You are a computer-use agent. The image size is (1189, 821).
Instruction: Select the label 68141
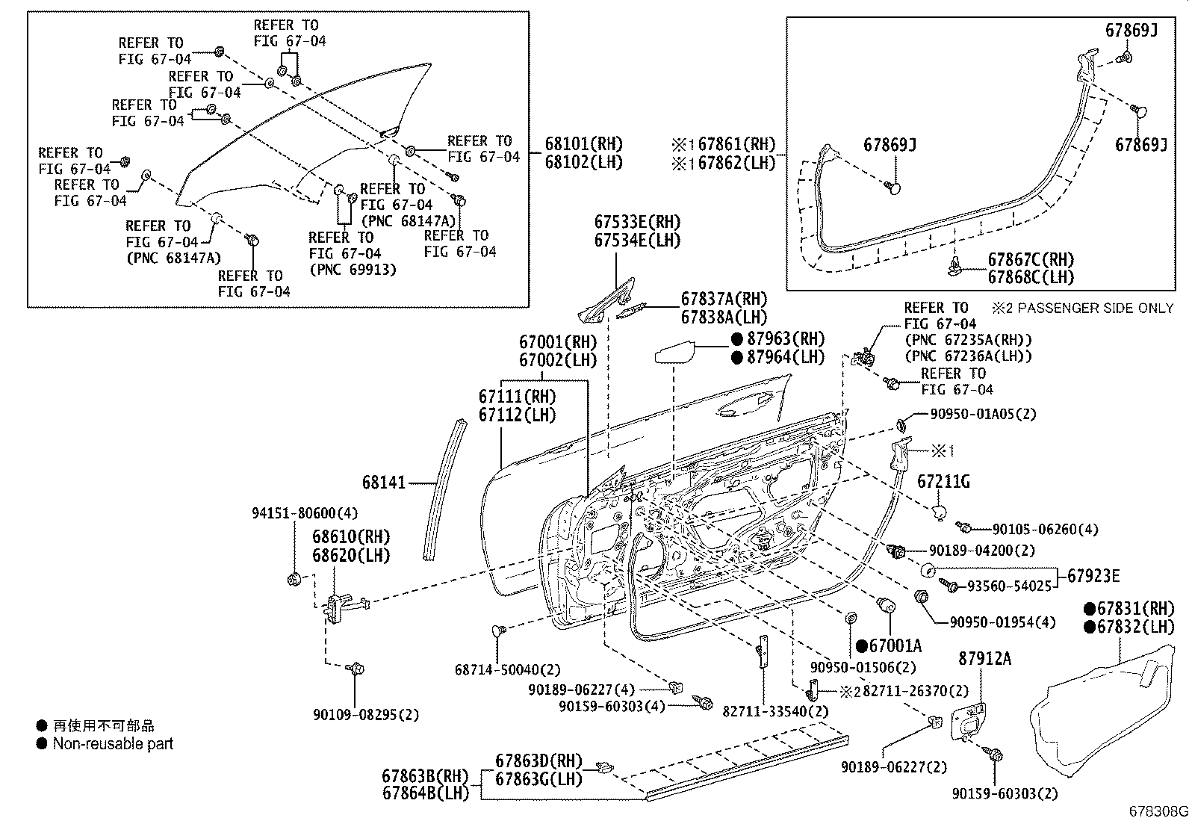pos(384,483)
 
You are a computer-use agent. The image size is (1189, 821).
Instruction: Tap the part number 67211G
pos(943,483)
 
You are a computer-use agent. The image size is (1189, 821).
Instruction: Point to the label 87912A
pos(984,658)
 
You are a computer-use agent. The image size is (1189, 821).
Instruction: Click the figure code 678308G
pos(1156,811)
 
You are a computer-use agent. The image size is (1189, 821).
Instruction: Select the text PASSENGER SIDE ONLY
pos(1093,308)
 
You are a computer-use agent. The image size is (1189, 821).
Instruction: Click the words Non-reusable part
pos(113,743)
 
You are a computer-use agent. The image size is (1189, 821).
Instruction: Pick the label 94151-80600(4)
pos(304,513)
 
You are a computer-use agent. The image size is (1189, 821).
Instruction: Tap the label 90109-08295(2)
pos(366,715)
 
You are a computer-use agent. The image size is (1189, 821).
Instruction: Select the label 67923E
pos(1093,575)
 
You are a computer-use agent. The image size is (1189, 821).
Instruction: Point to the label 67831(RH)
pos(1136,609)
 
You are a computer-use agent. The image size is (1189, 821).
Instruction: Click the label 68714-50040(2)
pos(507,670)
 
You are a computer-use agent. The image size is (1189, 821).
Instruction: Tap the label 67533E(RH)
pos(638,222)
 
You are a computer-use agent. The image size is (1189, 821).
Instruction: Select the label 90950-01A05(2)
pos(983,414)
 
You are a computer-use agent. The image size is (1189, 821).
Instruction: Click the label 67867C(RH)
pos(1031,260)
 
